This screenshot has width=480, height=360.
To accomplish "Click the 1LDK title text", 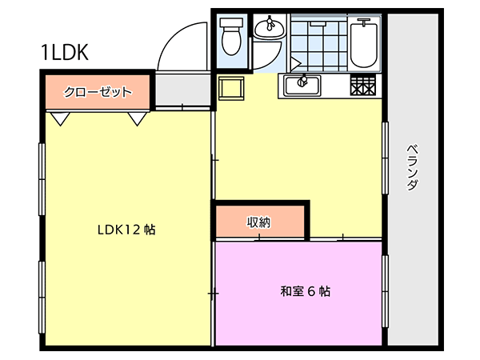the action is (65, 52).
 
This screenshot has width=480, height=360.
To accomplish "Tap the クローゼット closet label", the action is (98, 92).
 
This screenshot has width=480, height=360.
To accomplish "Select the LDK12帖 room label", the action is (126, 230).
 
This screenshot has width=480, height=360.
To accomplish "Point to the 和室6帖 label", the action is (306, 291).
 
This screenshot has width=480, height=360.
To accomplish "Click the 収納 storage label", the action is (259, 222).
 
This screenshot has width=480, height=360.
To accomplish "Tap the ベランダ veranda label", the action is (412, 167).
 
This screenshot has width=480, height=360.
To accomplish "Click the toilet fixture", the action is (232, 36).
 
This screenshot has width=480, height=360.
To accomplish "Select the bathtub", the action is (364, 43).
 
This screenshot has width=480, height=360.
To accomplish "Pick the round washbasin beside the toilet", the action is (270, 28).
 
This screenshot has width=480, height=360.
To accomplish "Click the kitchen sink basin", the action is (302, 86).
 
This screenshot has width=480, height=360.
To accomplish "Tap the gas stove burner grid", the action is (362, 86).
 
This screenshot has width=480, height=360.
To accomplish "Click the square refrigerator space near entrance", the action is (231, 88).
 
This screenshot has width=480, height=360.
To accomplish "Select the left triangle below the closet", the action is (60, 118).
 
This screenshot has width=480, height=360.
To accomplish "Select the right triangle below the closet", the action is (137, 118).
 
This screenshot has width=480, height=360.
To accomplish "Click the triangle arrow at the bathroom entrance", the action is (296, 64).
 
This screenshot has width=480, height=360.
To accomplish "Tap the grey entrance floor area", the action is (182, 90).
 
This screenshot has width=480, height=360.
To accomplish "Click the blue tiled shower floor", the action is (318, 43).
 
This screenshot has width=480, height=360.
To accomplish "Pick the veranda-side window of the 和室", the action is (385, 291).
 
